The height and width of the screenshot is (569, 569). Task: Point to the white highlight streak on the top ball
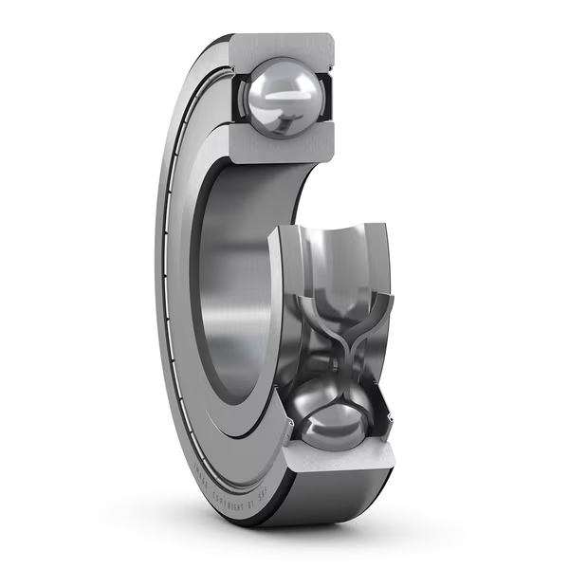click(281, 95)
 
